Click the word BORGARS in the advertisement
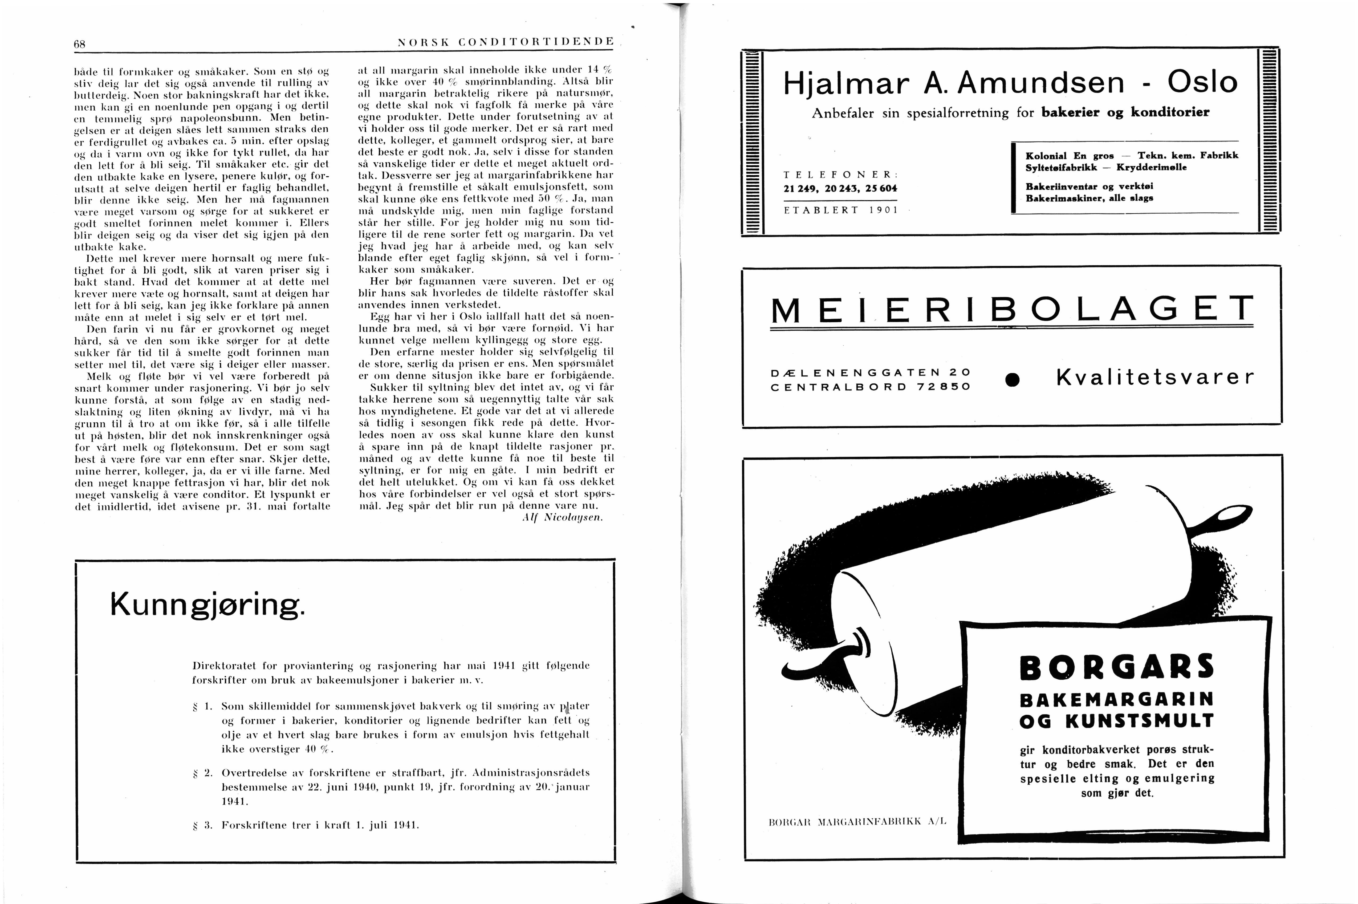pos(1116,667)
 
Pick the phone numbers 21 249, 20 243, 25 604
pos(840,189)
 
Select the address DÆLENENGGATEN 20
pos(870,372)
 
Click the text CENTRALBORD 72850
pos(870,387)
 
